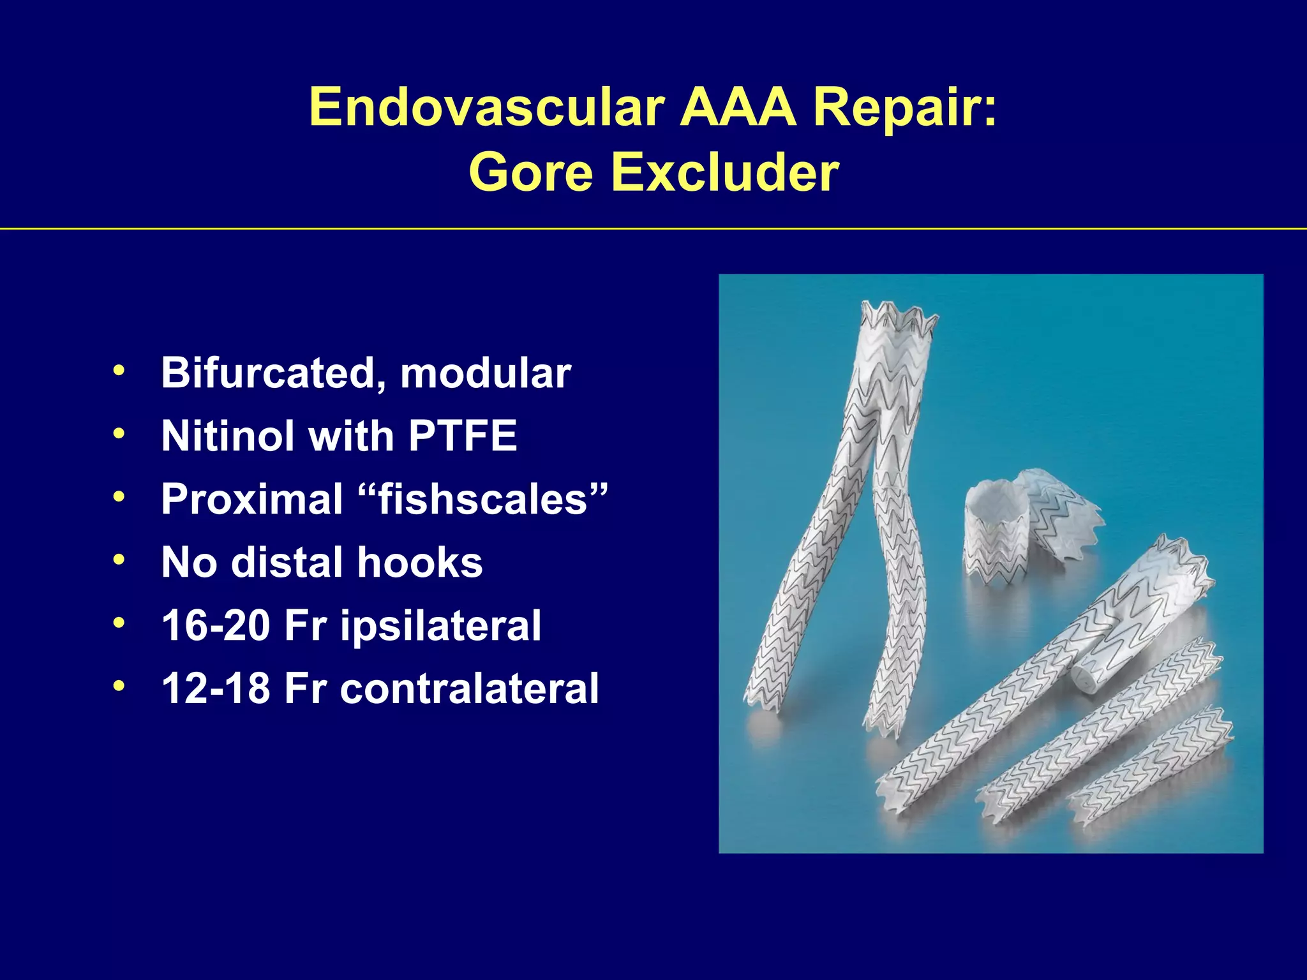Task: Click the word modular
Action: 485,373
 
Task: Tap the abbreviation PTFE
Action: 463,436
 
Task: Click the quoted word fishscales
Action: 482,499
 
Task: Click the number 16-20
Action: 216,625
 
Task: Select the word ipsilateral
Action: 440,625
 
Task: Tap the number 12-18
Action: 216,688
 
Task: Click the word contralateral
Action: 469,688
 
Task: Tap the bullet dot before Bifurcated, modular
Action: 119,371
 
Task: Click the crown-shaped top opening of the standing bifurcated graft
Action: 900,319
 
